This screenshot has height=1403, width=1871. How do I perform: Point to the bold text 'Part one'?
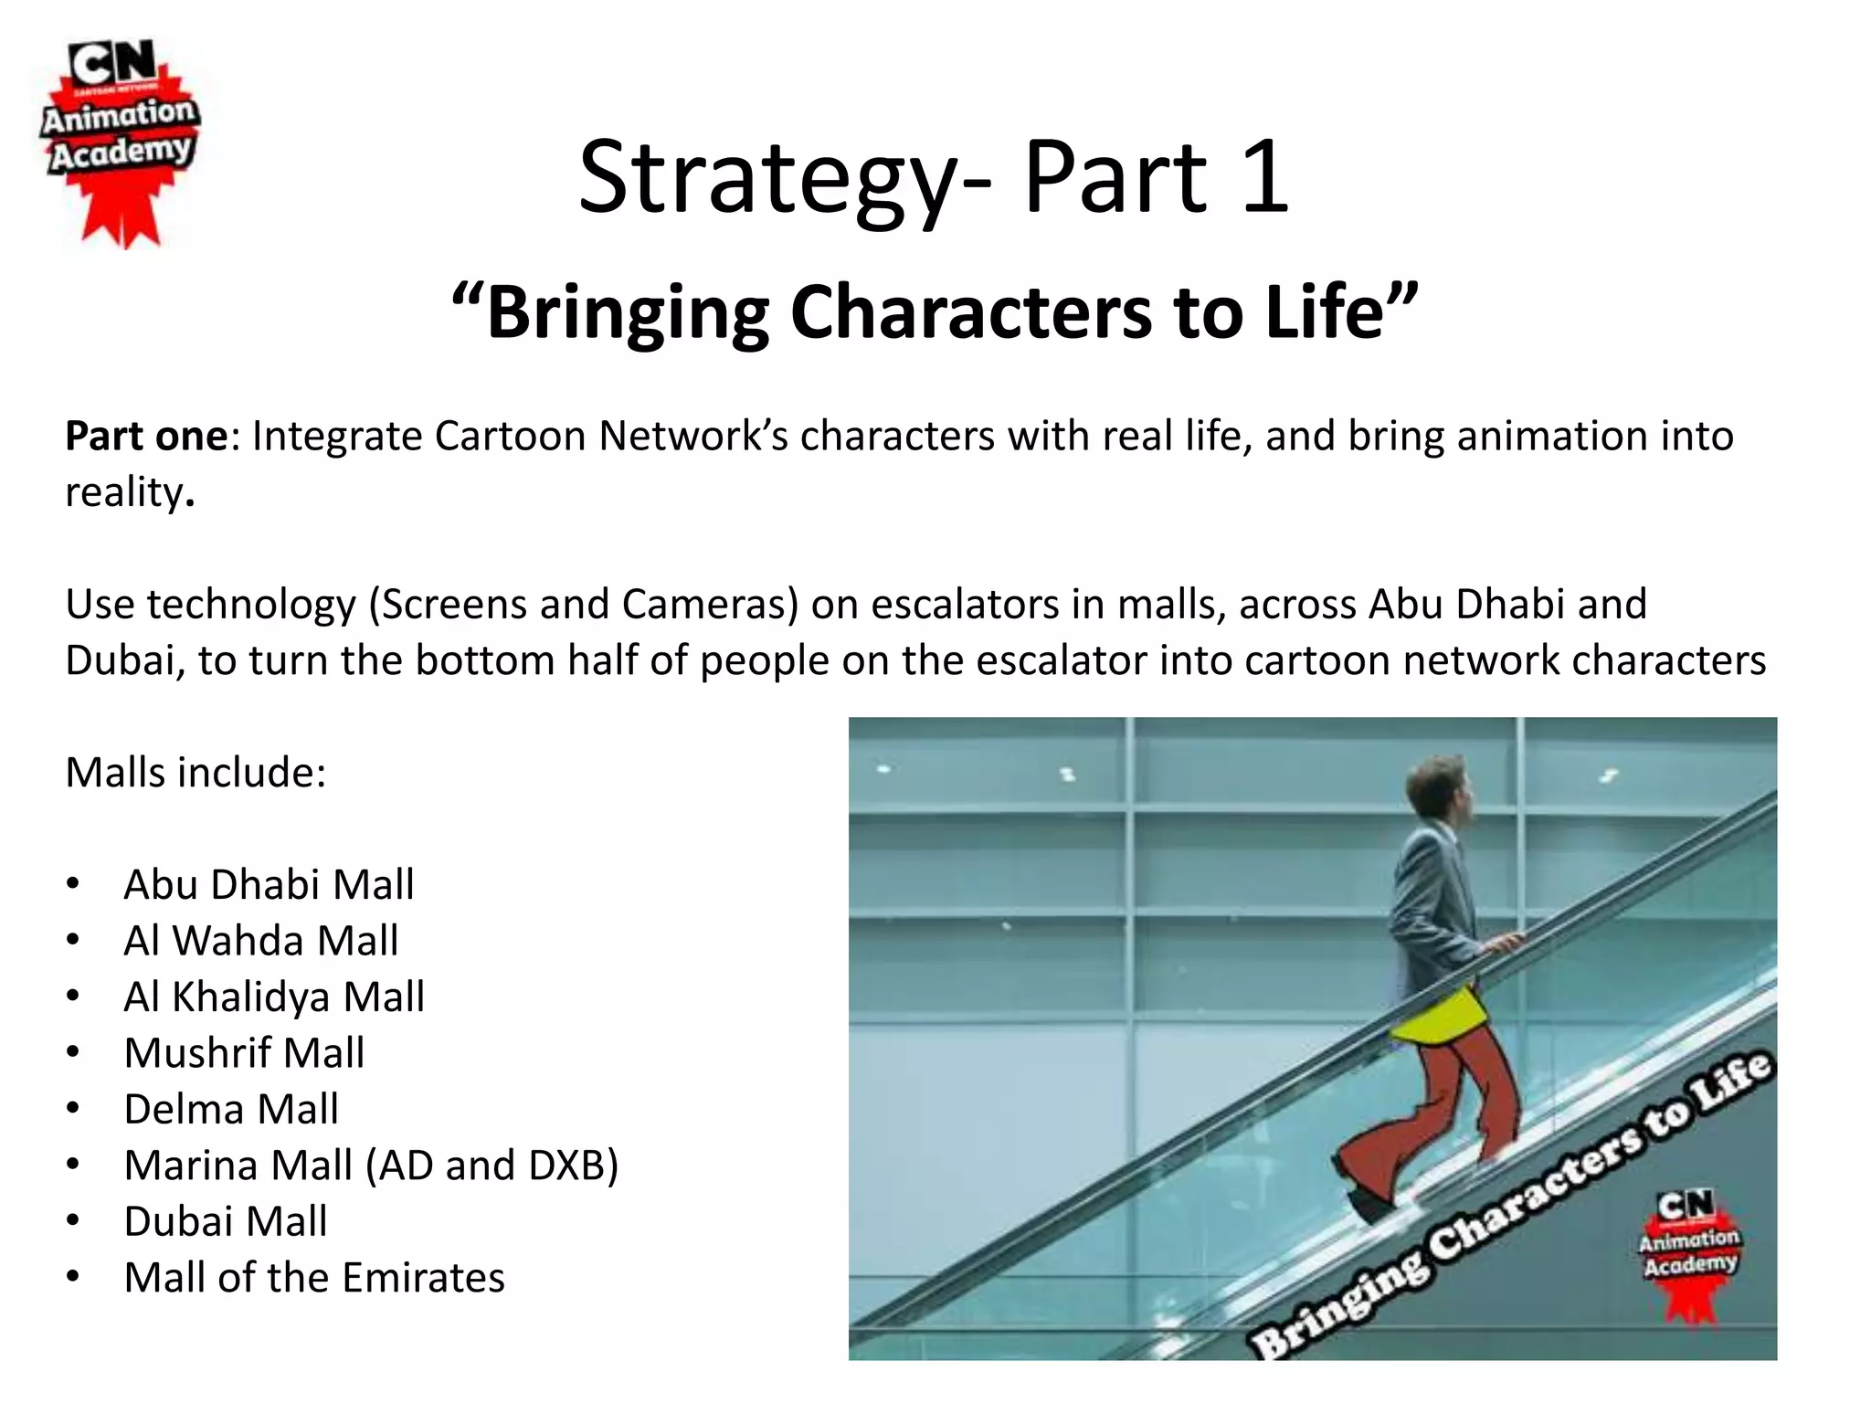[x=146, y=437]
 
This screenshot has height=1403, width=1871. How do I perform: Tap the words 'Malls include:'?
[x=196, y=773]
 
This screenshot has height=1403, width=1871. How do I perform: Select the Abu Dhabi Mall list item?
[x=269, y=884]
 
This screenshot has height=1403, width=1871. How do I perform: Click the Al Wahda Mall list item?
[x=261, y=941]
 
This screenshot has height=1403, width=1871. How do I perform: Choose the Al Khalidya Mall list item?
[x=274, y=997]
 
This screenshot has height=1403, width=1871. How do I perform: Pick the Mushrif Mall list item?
[x=244, y=1053]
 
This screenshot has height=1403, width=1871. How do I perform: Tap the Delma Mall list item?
[x=231, y=1109]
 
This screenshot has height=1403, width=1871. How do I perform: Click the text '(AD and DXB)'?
[x=492, y=1166]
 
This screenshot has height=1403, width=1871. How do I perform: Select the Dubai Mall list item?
[x=226, y=1222]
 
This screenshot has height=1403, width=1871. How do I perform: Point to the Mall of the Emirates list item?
[x=314, y=1278]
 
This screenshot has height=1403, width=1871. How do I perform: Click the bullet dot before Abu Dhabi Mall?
[x=73, y=884]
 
